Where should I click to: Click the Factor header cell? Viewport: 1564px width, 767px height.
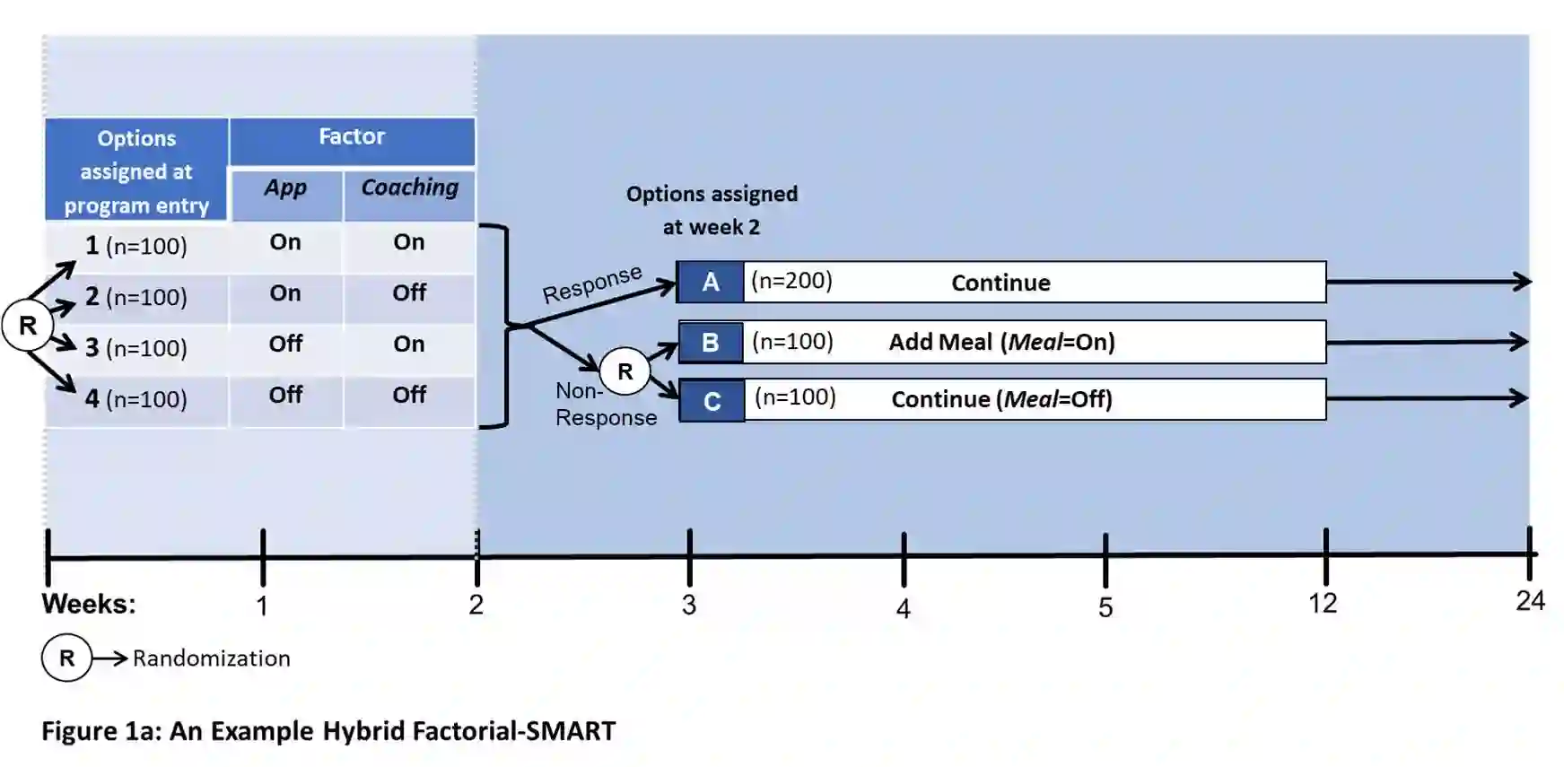pyautogui.click(x=352, y=137)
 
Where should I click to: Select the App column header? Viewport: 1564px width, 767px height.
pyautogui.click(x=285, y=188)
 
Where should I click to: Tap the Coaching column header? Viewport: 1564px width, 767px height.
pyautogui.click(x=409, y=187)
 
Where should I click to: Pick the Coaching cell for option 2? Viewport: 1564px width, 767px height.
pyautogui.click(x=409, y=293)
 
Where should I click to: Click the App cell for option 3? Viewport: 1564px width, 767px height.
pyautogui.click(x=285, y=344)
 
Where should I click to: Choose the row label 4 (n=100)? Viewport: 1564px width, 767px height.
pyautogui.click(x=136, y=399)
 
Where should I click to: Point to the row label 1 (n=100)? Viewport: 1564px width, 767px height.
pyautogui.click(x=136, y=246)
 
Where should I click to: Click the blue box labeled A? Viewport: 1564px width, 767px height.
pyautogui.click(x=711, y=283)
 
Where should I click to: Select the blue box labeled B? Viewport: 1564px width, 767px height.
pyautogui.click(x=711, y=343)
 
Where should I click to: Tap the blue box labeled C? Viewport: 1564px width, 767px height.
pyautogui.click(x=712, y=401)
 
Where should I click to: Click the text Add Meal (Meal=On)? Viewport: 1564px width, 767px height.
pyautogui.click(x=1001, y=343)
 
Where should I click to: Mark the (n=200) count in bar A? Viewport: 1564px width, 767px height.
pyautogui.click(x=791, y=282)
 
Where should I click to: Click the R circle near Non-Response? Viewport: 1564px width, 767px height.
pyautogui.click(x=625, y=371)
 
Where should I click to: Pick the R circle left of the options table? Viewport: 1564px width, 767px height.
pyautogui.click(x=28, y=326)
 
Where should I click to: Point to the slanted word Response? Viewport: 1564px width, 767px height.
pyautogui.click(x=592, y=284)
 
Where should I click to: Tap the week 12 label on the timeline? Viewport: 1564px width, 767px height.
pyautogui.click(x=1323, y=604)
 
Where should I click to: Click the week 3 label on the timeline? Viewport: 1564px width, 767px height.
pyautogui.click(x=689, y=606)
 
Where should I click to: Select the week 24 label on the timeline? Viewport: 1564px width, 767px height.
pyautogui.click(x=1530, y=601)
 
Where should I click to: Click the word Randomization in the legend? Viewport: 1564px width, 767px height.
pyautogui.click(x=212, y=658)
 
